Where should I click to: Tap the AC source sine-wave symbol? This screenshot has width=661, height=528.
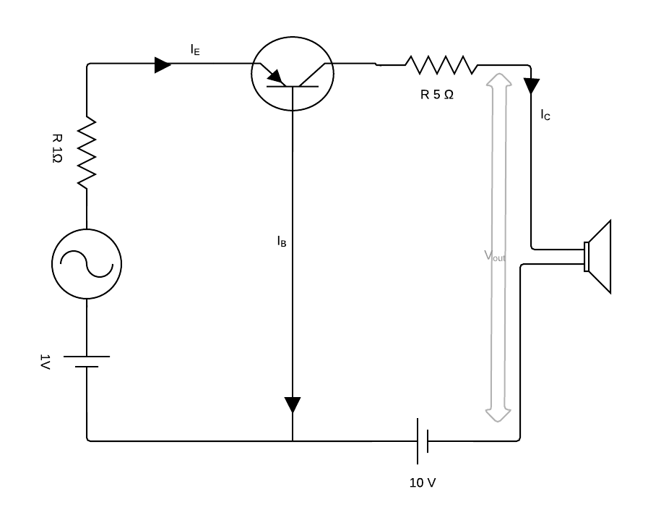tap(87, 264)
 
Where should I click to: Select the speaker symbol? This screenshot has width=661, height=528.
tap(599, 257)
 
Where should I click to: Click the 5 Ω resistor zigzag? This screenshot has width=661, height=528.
tap(441, 66)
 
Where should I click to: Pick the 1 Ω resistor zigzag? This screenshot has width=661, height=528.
tap(87, 152)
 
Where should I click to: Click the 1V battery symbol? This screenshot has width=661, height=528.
tap(87, 362)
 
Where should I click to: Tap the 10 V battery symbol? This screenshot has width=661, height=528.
tap(423, 440)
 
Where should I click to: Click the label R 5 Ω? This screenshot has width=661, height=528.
tap(437, 95)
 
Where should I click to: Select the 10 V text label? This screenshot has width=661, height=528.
tap(423, 482)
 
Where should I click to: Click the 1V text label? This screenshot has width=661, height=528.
tap(46, 362)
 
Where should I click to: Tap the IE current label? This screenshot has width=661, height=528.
tap(195, 49)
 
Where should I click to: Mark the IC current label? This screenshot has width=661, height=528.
tap(545, 115)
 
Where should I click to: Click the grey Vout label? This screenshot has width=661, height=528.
tap(494, 257)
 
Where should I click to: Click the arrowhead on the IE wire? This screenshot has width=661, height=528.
tap(163, 66)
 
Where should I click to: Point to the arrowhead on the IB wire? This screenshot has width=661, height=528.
tap(293, 404)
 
